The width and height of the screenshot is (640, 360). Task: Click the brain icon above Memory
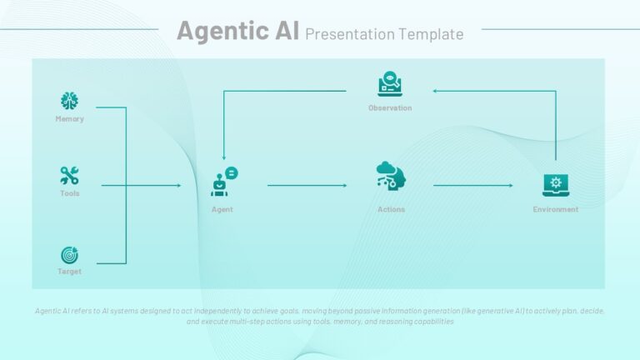pyautogui.click(x=69, y=101)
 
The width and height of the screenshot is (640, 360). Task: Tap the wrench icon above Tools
pyautogui.click(x=69, y=176)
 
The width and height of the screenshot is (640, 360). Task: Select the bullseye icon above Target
pyautogui.click(x=69, y=256)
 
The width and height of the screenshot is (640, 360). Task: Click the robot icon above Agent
pyautogui.click(x=224, y=181)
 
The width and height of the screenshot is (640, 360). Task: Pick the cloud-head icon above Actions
pyautogui.click(x=391, y=175)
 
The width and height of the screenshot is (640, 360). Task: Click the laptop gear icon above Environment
pyautogui.click(x=556, y=185)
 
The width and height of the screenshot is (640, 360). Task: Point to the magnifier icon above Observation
pyautogui.click(x=390, y=83)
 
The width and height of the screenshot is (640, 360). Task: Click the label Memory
pyautogui.click(x=69, y=119)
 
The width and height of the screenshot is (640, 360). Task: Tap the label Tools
pyautogui.click(x=70, y=193)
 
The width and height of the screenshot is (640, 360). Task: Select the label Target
pyautogui.click(x=69, y=272)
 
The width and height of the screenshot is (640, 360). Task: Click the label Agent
pyautogui.click(x=222, y=209)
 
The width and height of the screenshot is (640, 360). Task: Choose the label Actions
pyautogui.click(x=391, y=209)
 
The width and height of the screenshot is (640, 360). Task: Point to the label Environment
pyautogui.click(x=556, y=209)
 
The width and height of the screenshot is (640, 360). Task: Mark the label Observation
pyautogui.click(x=390, y=107)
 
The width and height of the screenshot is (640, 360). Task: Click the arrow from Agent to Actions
pyautogui.click(x=307, y=185)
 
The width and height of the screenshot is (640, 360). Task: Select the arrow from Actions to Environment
pyautogui.click(x=473, y=185)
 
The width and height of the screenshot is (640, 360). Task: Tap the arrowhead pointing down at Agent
pyautogui.click(x=223, y=157)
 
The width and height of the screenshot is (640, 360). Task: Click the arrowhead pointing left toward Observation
pyautogui.click(x=435, y=91)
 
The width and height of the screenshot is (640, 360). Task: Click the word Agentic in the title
pyautogui.click(x=222, y=32)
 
